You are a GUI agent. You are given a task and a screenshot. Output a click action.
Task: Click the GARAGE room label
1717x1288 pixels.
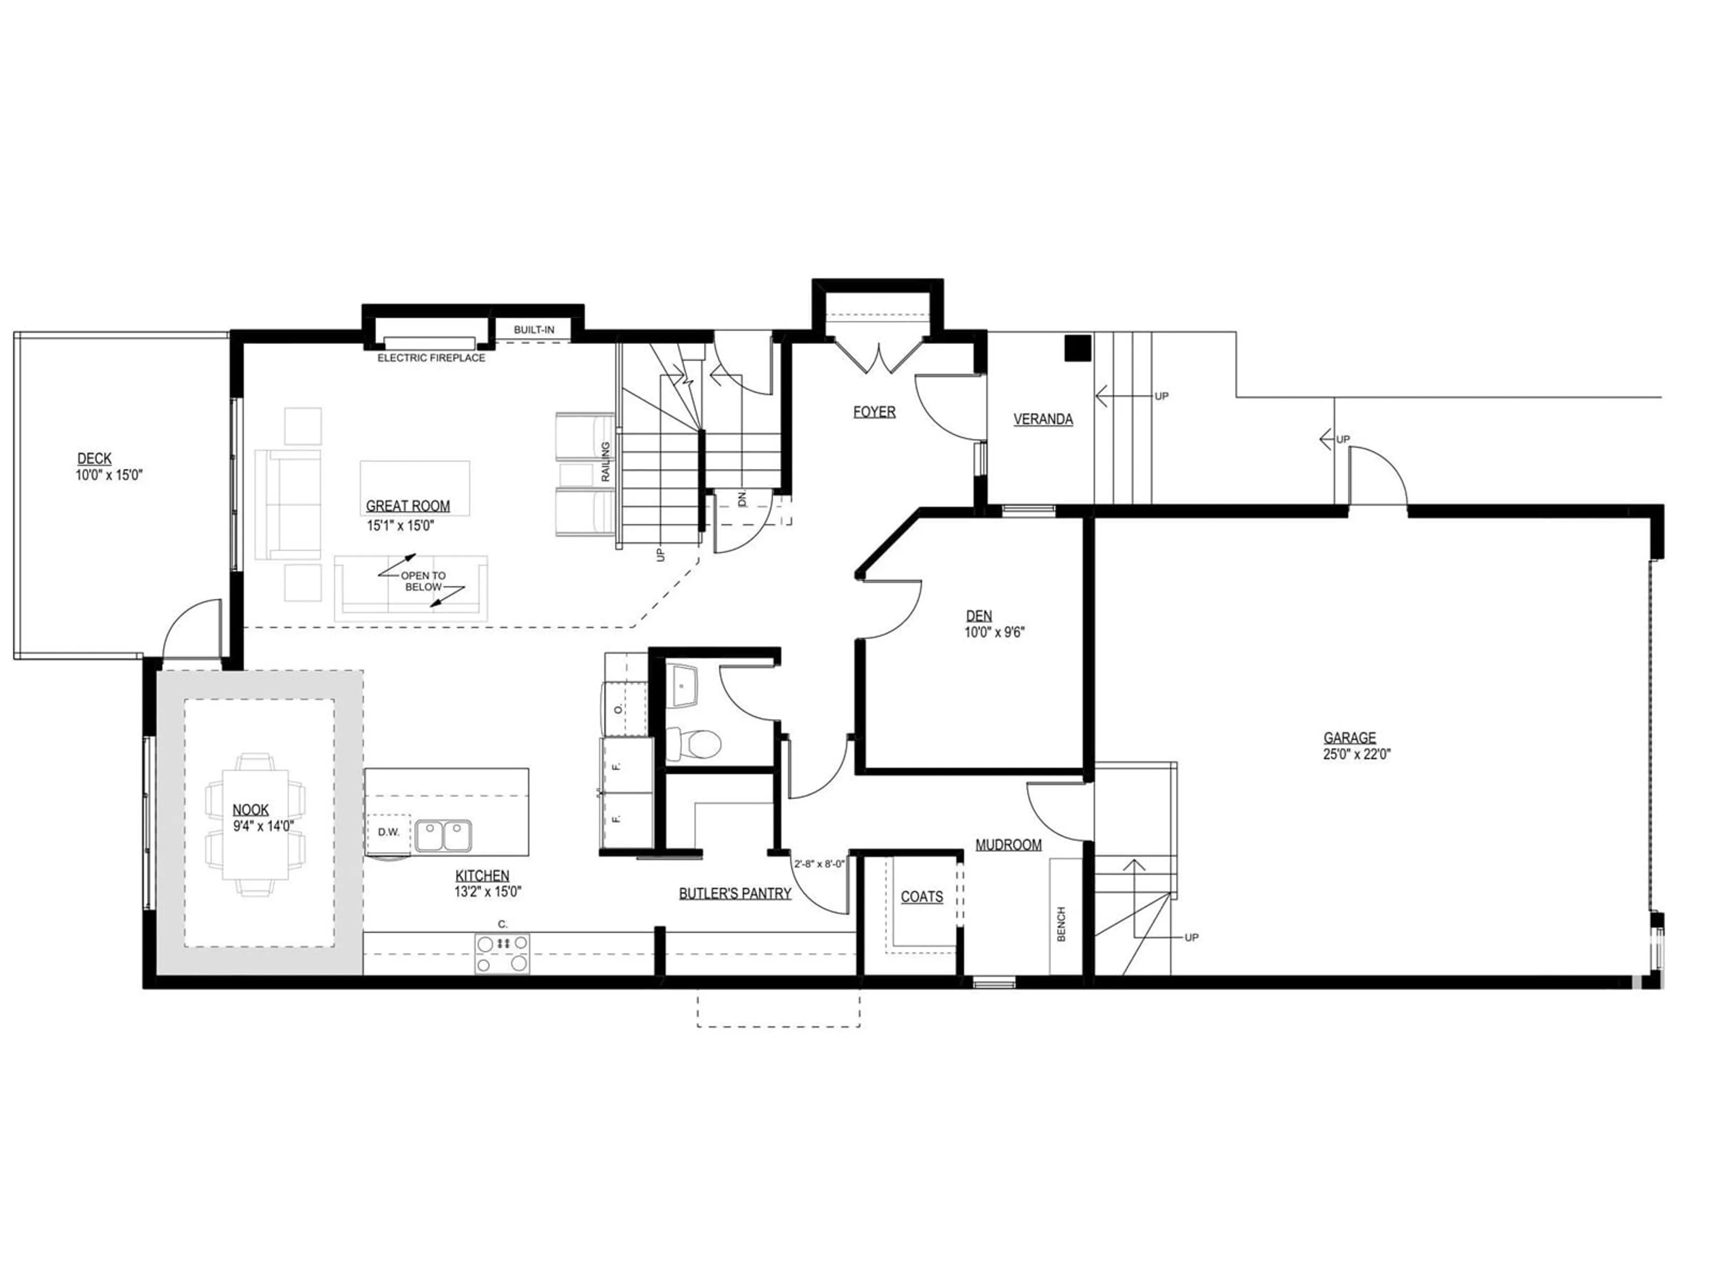click(x=1350, y=737)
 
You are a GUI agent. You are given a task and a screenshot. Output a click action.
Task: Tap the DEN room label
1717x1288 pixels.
click(x=979, y=616)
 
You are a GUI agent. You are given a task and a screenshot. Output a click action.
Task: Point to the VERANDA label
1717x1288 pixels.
click(x=1043, y=419)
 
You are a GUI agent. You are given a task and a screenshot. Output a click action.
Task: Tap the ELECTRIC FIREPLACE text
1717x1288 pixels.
click(x=431, y=358)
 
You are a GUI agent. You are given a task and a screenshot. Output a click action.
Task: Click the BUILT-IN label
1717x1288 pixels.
click(x=534, y=330)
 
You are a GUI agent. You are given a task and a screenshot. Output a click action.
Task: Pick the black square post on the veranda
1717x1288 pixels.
click(x=1078, y=348)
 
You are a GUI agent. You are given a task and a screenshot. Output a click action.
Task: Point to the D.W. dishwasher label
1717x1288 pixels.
click(x=389, y=832)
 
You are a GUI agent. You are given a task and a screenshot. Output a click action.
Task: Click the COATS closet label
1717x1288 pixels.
click(x=922, y=897)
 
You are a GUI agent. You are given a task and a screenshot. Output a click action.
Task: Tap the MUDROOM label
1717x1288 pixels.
click(x=1008, y=845)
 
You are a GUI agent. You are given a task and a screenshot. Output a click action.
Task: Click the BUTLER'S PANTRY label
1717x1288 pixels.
click(x=735, y=894)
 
